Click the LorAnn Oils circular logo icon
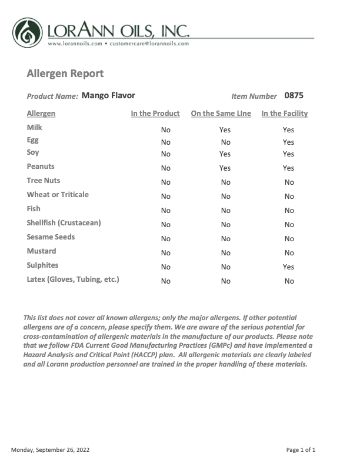click(x=28, y=32)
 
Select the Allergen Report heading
click(x=65, y=74)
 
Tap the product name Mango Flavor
click(x=108, y=95)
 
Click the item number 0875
click(x=294, y=95)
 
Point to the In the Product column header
click(x=155, y=114)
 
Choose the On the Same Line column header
click(x=221, y=114)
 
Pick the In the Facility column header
click(x=285, y=114)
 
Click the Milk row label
click(x=35, y=128)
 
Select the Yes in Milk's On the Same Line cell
click(x=225, y=130)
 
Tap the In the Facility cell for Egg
click(x=288, y=142)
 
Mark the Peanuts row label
click(x=41, y=167)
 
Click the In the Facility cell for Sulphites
click(x=288, y=267)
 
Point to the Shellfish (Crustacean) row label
click(x=64, y=223)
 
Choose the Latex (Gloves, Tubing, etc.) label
click(x=73, y=279)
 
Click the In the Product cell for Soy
click(x=166, y=154)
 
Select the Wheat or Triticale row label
click(x=58, y=195)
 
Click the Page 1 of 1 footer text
click(x=301, y=450)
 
